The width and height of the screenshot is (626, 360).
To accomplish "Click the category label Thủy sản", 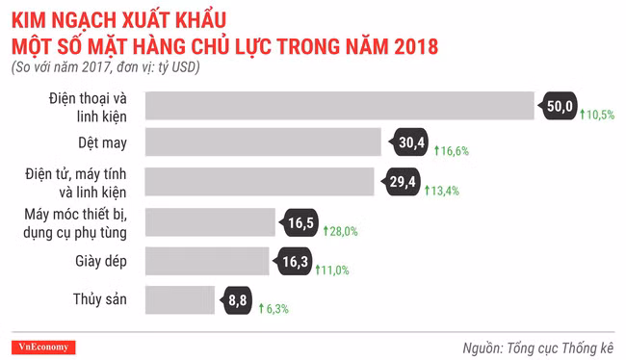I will (99, 300).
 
